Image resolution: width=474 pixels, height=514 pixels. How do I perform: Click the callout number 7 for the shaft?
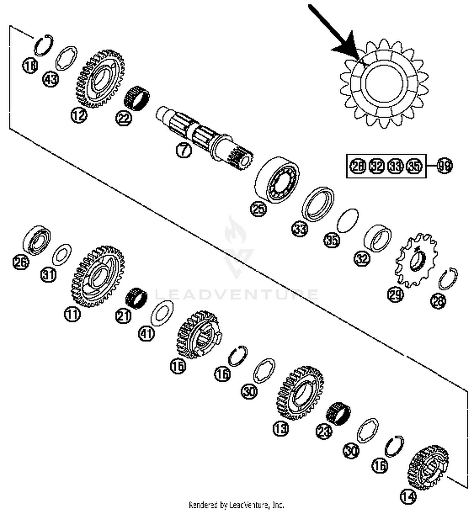tap(184, 150)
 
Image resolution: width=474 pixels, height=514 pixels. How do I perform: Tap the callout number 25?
tap(258, 209)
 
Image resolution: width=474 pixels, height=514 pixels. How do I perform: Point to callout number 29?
tap(396, 294)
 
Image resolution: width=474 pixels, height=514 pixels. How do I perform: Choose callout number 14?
tap(408, 496)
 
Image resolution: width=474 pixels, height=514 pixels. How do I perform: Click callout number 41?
tap(147, 333)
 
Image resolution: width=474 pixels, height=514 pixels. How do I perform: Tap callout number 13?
tap(281, 429)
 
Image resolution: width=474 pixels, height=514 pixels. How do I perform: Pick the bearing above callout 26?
tap(37, 240)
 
